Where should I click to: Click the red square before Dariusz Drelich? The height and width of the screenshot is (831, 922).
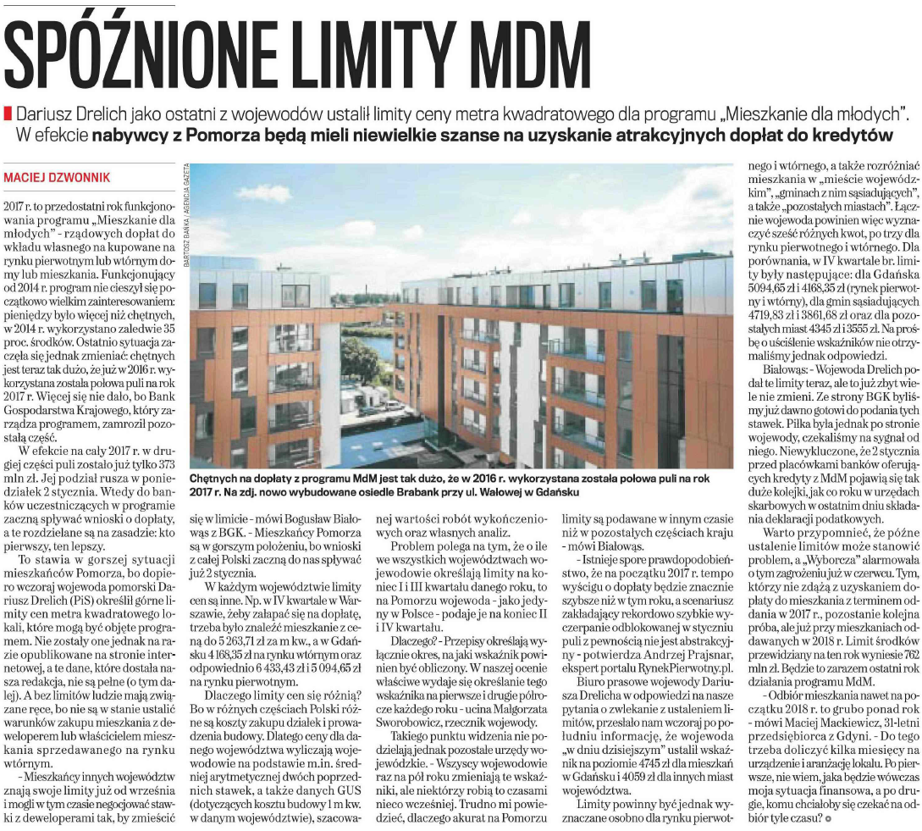(x=8, y=113)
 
